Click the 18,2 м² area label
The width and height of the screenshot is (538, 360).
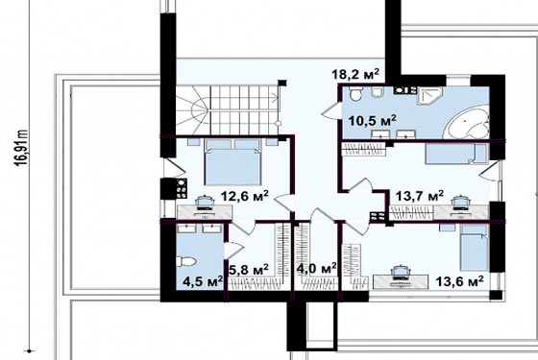355,75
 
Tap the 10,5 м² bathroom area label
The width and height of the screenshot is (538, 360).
373,121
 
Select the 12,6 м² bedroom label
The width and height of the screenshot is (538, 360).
244,197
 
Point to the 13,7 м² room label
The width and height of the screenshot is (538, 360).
420,197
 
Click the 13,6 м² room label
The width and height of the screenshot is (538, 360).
460,281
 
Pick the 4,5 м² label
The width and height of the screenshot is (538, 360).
203,281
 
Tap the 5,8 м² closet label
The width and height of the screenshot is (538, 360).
249,270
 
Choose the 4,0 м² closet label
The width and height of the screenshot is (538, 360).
316,269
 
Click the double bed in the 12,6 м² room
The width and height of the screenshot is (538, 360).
232,161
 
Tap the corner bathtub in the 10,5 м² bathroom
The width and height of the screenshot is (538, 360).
467,123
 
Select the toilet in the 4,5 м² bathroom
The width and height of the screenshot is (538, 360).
186,262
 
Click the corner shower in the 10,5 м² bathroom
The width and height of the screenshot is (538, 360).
429,96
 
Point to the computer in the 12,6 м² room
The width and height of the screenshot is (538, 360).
205,204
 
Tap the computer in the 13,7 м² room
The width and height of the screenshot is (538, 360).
460,204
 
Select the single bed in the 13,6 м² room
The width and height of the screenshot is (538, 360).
475,248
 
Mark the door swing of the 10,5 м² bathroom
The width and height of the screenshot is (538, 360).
330,110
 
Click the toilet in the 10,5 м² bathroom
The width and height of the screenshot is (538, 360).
355,94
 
